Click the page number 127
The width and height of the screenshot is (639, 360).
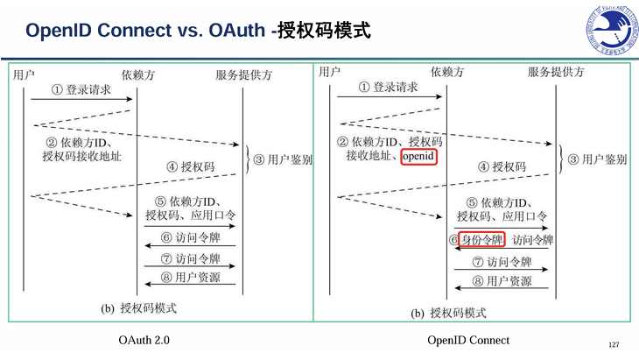point(613,342)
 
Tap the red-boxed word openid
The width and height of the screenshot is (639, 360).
point(418,156)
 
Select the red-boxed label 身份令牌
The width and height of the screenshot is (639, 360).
point(482,239)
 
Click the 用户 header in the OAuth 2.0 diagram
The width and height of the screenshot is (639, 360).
point(25,75)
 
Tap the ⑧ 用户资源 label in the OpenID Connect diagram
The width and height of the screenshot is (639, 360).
point(502,281)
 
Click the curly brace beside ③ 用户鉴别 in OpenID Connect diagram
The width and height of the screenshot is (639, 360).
point(559,159)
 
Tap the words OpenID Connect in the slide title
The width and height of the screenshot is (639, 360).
point(106,32)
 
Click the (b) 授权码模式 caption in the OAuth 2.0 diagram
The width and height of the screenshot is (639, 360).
point(139,308)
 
